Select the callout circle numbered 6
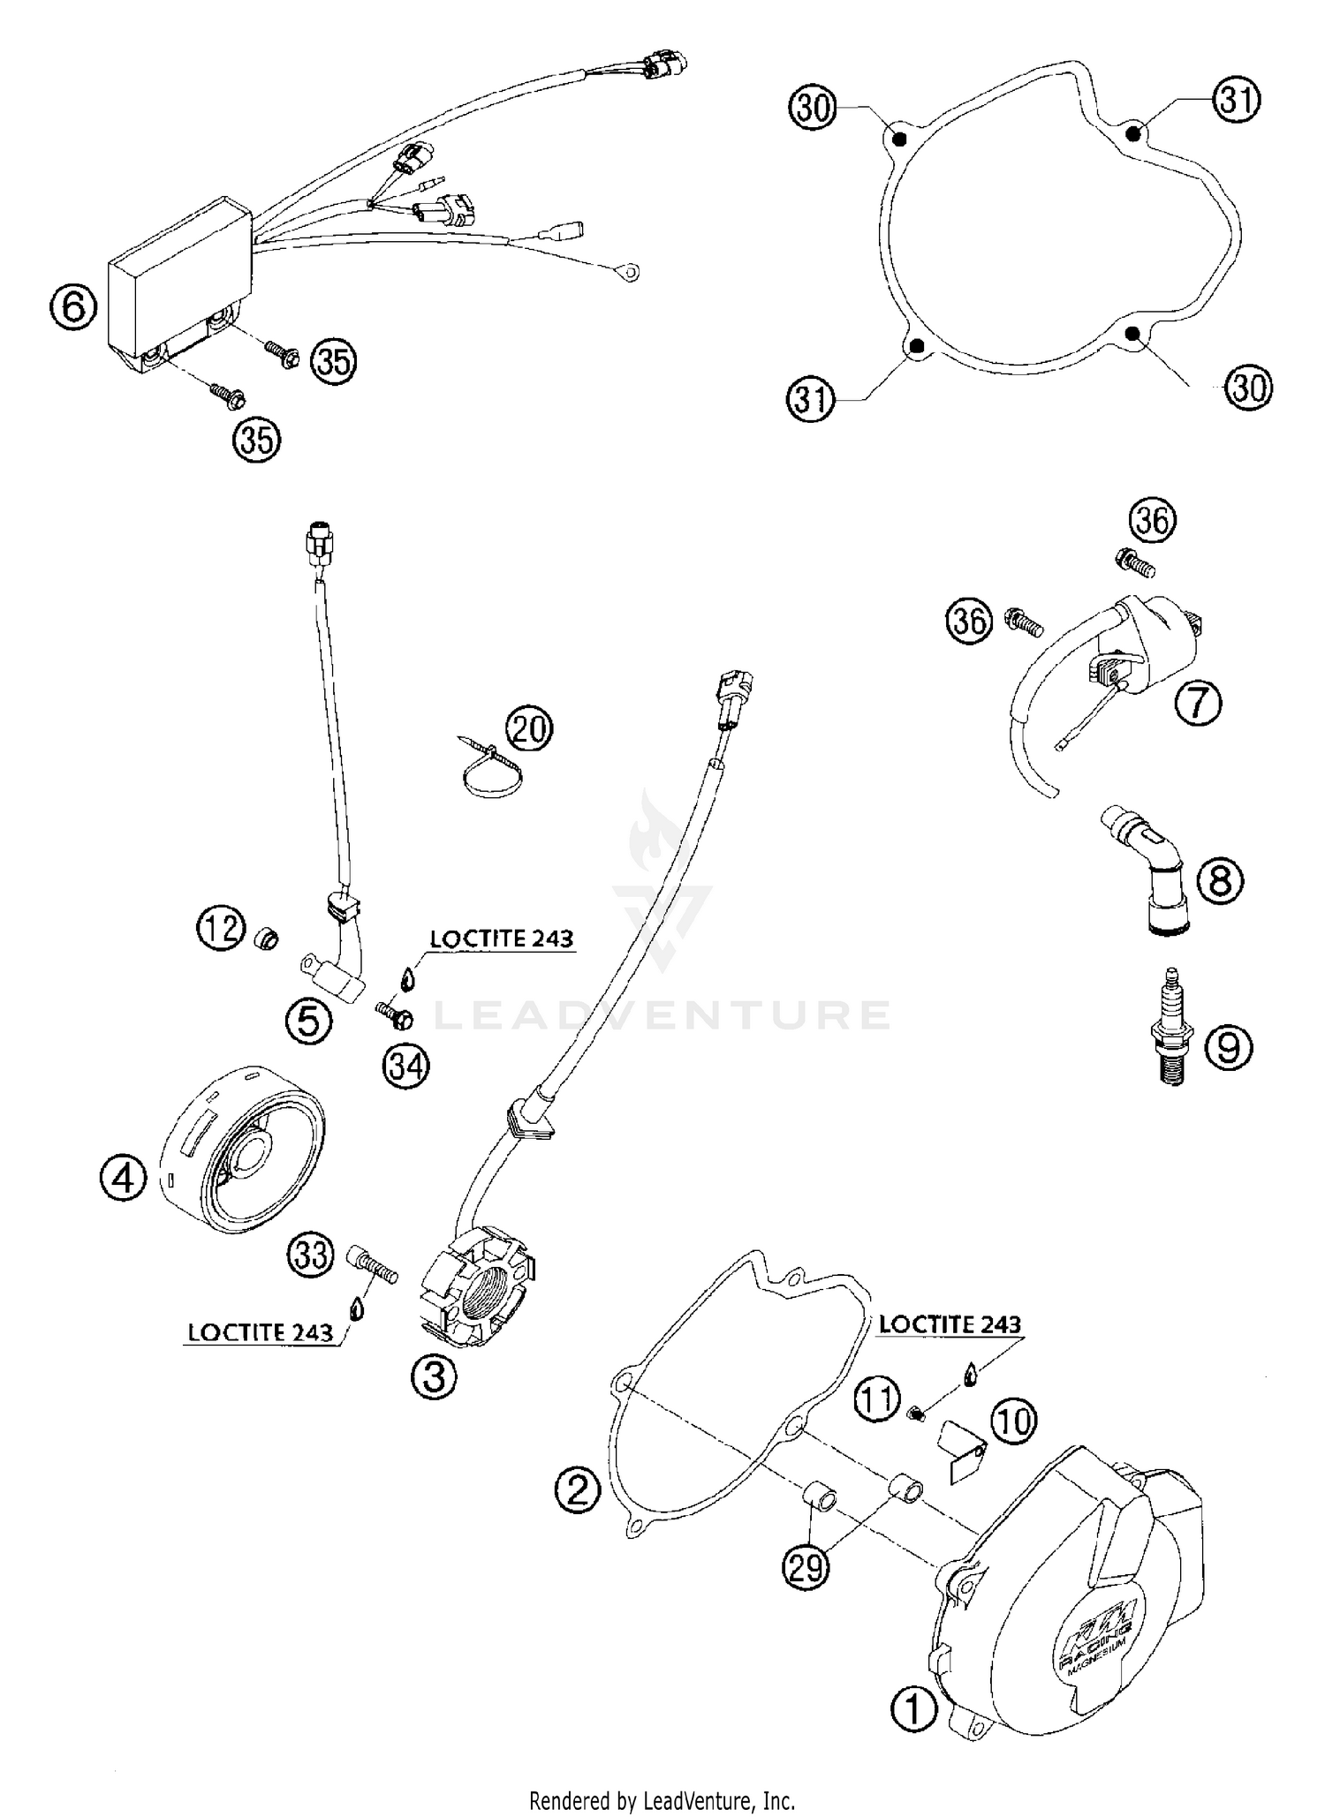coord(72,308)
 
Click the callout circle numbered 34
coord(405,1067)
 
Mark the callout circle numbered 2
coord(577,1491)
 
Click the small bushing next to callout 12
coord(266,938)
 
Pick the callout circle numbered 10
coord(1014,1423)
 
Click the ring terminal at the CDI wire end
coord(630,273)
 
